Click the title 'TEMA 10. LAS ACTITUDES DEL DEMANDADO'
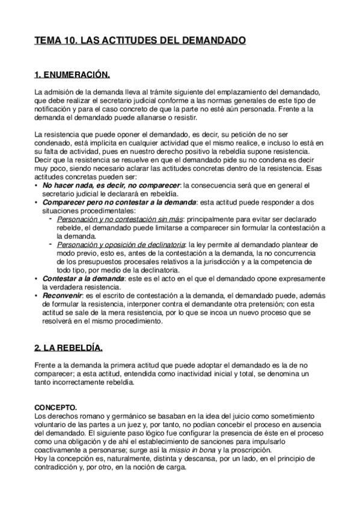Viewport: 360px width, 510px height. coord(140,41)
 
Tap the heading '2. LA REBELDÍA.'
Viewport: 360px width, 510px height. coord(69,348)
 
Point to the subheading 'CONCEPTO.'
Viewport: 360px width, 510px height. coord(55,407)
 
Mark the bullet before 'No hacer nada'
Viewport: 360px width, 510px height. coord(37,186)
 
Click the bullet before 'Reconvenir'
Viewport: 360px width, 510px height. coord(37,296)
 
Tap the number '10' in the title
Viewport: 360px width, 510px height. coord(67,41)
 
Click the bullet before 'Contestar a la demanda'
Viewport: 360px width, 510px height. coord(37,279)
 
